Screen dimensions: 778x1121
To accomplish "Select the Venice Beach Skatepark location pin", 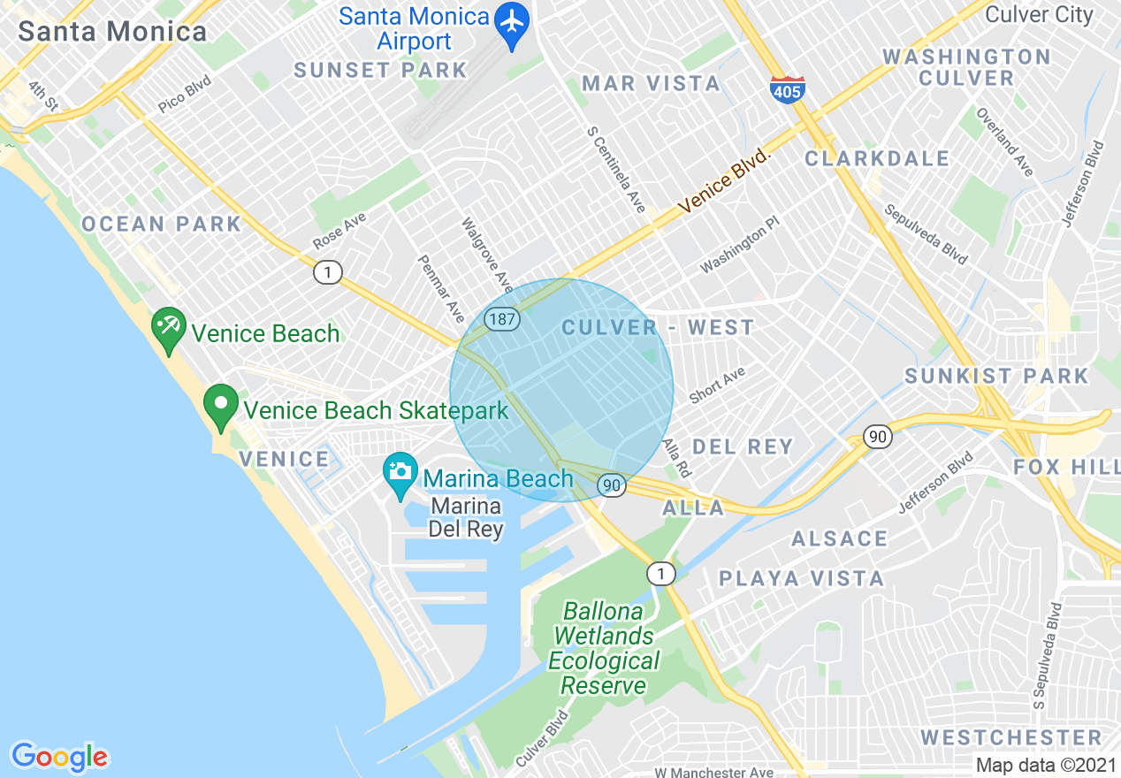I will (221, 406).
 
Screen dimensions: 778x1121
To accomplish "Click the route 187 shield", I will (502, 319).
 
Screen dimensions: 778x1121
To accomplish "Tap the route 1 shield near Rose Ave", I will (328, 273).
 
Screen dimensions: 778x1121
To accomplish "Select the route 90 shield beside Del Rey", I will (877, 437).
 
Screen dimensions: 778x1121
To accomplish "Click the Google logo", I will (59, 757).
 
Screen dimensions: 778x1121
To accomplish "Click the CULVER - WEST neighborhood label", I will (658, 328).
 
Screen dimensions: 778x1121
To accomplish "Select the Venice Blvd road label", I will (725, 181).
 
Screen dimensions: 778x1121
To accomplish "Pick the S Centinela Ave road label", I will (616, 169).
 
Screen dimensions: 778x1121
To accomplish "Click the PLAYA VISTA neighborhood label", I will (801, 579).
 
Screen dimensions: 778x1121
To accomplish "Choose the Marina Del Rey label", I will (466, 518).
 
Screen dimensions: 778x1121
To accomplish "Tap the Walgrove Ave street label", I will (487, 256).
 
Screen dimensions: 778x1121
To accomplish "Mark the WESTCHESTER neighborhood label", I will (1010, 737).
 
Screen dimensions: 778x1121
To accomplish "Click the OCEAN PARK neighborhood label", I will (161, 225).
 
